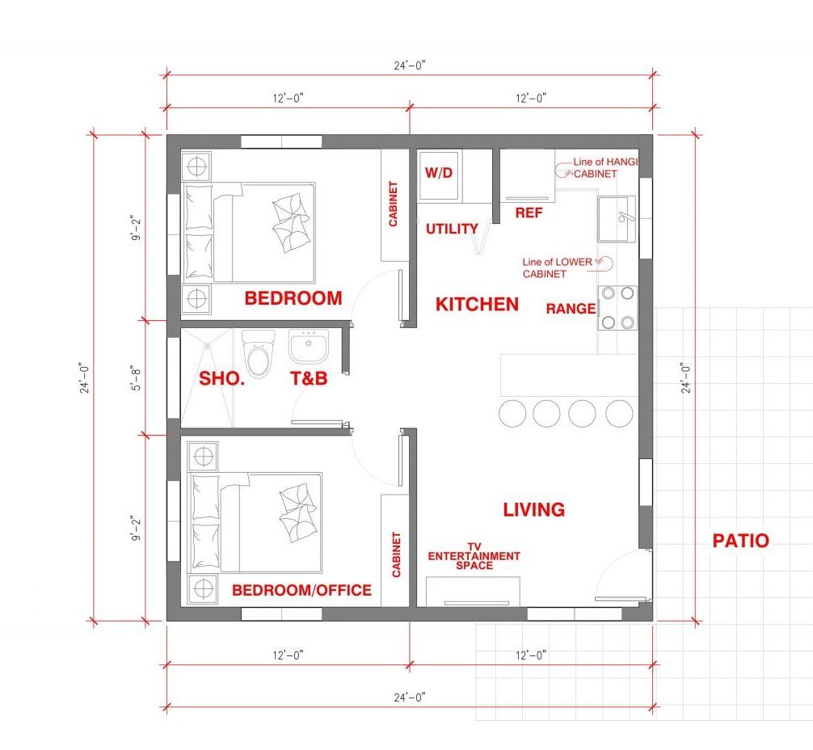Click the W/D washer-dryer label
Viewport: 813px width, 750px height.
coord(439,173)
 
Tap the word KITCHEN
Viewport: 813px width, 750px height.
coord(477,305)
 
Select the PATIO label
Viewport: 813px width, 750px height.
coord(740,541)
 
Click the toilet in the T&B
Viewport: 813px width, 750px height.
coord(259,352)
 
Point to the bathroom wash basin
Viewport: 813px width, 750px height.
coord(309,347)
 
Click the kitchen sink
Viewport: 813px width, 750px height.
coord(617,219)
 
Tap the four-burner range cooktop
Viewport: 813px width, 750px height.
coord(617,308)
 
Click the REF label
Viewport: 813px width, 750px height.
coord(529,213)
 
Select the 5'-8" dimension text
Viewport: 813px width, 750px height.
coord(136,378)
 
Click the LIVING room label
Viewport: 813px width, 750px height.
coord(534,510)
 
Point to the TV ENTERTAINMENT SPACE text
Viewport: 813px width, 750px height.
coord(474,556)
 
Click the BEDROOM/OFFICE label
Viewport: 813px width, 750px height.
coord(301,590)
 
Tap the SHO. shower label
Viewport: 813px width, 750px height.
coord(222,378)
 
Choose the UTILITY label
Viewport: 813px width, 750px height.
coord(452,229)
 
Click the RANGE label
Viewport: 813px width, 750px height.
coord(571,309)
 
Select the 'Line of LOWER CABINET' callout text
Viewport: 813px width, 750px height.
coord(558,268)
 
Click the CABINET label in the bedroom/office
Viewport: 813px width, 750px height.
coord(397,554)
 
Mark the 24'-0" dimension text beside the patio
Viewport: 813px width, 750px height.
coord(686,377)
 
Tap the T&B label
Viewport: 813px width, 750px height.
coord(309,378)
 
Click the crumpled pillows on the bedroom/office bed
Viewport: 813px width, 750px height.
coord(297,513)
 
